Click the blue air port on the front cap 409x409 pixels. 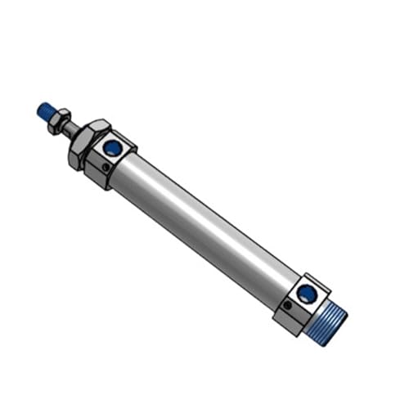(114, 148)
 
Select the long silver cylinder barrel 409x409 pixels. (204, 221)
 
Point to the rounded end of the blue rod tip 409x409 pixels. (40, 106)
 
